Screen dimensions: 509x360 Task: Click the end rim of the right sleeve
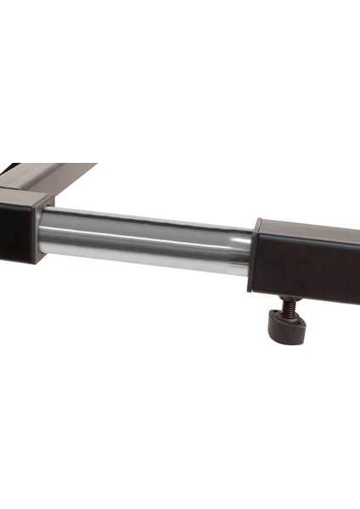pos(254,255)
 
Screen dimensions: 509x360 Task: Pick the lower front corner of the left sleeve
pos(34,259)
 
